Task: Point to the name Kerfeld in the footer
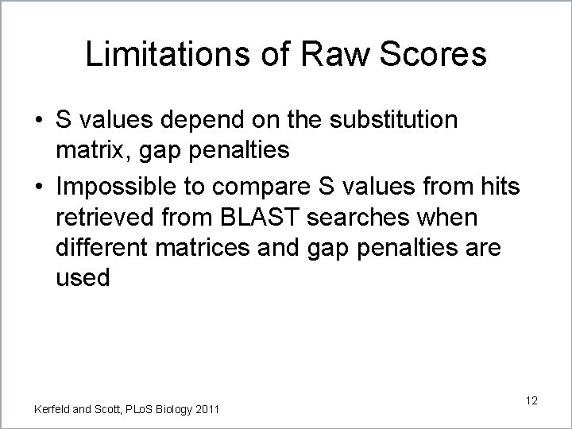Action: pos(52,409)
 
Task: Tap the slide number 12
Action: pos(531,400)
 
